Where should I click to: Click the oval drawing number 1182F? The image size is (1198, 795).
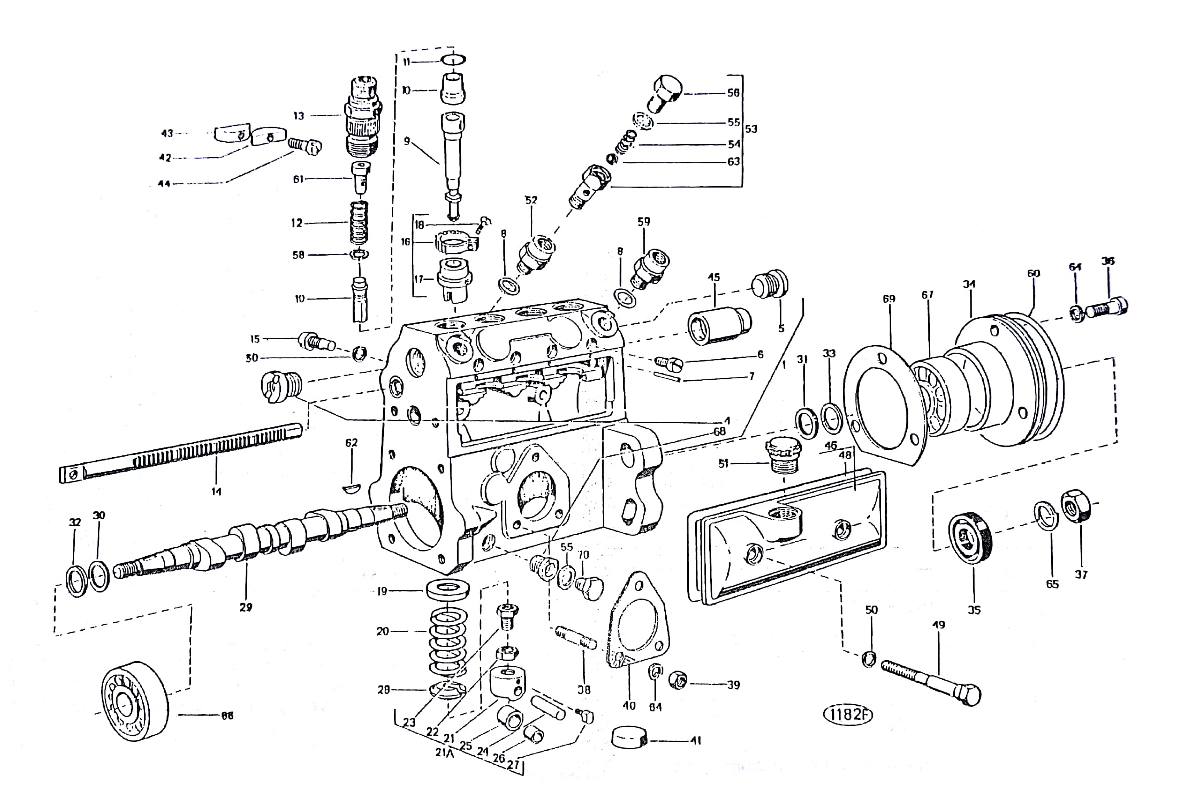(848, 714)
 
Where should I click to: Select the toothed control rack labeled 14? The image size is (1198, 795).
(182, 452)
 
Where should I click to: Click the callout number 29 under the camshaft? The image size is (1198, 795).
(246, 607)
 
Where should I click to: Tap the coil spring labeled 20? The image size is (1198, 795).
(448, 642)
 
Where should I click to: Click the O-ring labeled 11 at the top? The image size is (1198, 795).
(453, 60)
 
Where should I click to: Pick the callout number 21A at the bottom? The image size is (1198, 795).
(444, 753)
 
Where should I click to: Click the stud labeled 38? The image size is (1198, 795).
(577, 639)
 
